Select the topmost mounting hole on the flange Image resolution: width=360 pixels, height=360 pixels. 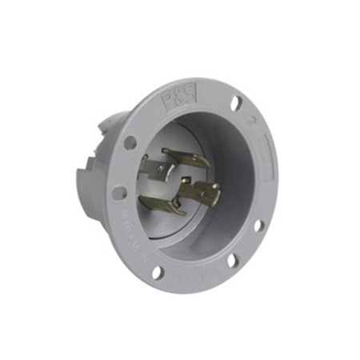236,103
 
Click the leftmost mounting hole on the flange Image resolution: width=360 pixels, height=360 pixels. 119,193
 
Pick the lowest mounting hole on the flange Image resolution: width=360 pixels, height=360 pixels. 158,271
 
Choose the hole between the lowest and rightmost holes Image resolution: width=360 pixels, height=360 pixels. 231,259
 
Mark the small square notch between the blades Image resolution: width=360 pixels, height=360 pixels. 180,182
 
